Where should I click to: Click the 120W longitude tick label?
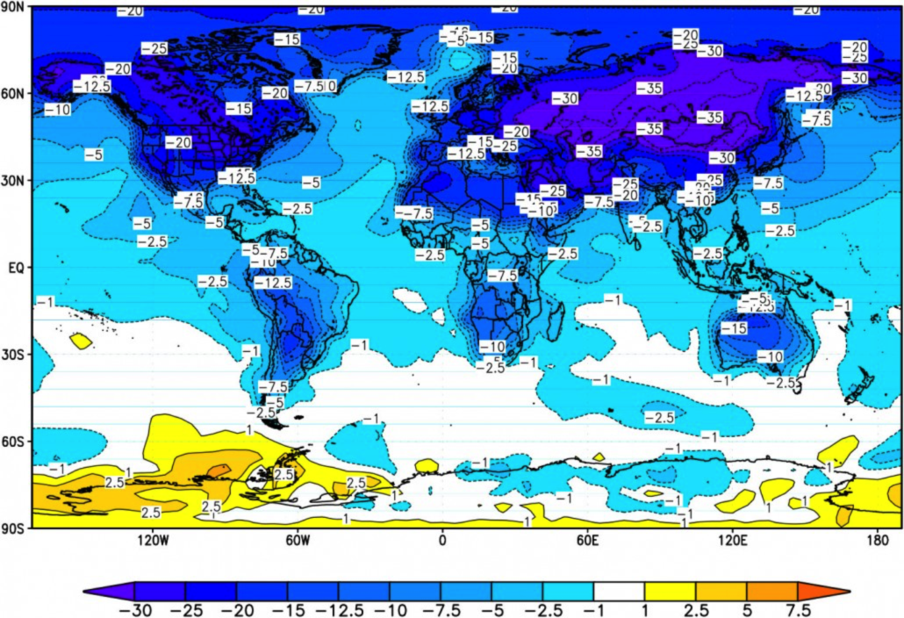click(153, 541)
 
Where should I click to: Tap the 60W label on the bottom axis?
click(298, 541)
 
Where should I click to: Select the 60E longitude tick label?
click(587, 541)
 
